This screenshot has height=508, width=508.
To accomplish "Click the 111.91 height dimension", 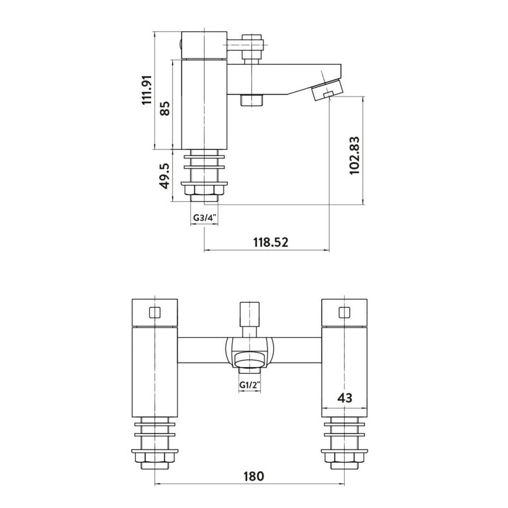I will tap(147, 90).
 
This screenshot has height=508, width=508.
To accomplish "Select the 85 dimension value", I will tap(164, 109).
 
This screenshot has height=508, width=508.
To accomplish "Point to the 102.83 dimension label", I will tap(355, 154).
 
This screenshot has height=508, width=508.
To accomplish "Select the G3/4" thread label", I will tap(204, 218).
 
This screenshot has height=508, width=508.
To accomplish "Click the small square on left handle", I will tap(154, 312).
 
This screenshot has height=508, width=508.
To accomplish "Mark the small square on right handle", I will tap(345, 312).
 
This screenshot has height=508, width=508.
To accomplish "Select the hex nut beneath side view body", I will tap(204, 190).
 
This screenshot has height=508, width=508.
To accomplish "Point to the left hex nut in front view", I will tap(154, 459).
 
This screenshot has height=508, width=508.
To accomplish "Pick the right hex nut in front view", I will tap(345, 459).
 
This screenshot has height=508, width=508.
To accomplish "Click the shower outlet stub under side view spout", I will tap(252, 101).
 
